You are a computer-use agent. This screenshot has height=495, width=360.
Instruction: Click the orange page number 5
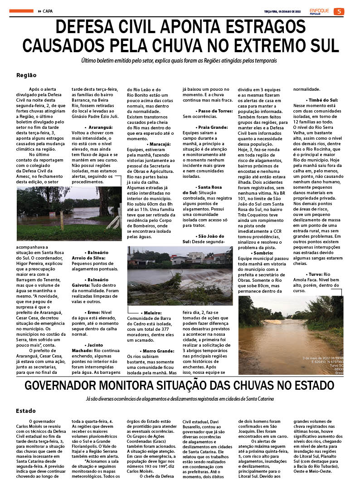[x=338, y=11]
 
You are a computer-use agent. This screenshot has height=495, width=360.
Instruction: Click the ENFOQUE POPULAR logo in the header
[x=319, y=11]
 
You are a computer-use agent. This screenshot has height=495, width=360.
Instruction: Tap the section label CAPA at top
[x=48, y=11]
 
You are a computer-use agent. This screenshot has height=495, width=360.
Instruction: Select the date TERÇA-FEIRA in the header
[x=275, y=11]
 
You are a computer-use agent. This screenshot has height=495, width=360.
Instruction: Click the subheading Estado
[x=26, y=411]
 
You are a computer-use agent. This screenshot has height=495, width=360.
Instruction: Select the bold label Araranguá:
[x=101, y=128]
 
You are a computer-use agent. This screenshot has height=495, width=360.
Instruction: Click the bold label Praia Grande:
[x=213, y=128]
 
